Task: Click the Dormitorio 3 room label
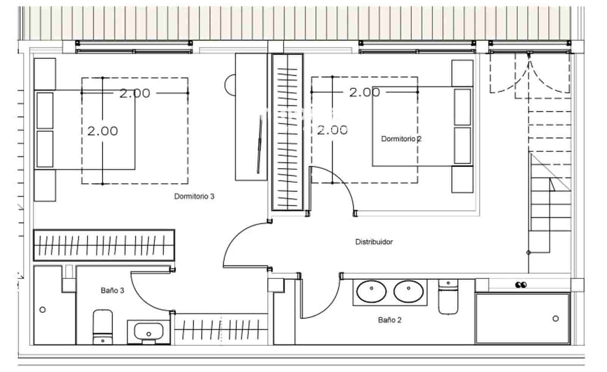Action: [x=194, y=196]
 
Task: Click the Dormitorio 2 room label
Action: [x=401, y=139]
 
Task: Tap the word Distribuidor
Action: [x=374, y=242]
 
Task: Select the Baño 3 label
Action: [x=112, y=290]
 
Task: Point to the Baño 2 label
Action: [x=389, y=320]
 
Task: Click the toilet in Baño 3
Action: [x=102, y=326]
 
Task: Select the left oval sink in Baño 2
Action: [x=371, y=292]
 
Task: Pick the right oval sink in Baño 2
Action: [x=408, y=292]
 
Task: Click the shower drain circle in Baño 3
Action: [x=42, y=310]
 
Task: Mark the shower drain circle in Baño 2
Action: [x=555, y=318]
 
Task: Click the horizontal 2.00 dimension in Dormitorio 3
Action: [x=135, y=93]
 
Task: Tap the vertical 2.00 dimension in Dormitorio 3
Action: [x=102, y=131]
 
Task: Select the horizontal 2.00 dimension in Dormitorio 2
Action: [x=364, y=92]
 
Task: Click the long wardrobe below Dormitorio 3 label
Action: [x=104, y=245]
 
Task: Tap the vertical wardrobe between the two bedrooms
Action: [x=287, y=132]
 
